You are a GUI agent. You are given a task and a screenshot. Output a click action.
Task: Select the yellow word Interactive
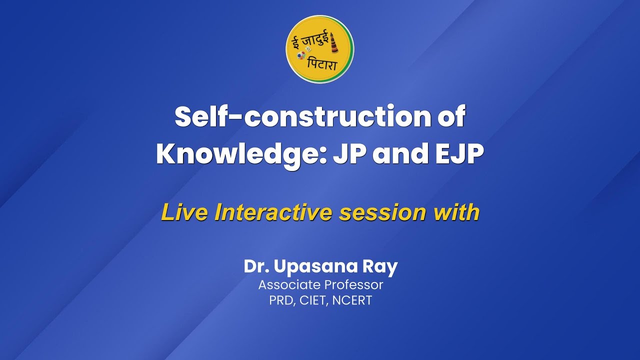click(x=273, y=212)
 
